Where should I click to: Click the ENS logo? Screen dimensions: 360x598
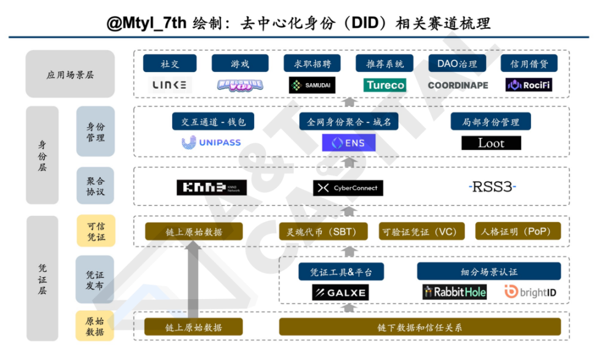coord(349,143)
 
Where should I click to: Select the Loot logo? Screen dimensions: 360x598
coord(491,143)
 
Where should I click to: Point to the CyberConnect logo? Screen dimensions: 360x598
coord(348,188)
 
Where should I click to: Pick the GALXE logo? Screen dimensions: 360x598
coord(340,292)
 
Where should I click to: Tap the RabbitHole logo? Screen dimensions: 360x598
coord(454,292)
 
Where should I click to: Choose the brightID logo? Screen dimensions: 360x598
coord(530,292)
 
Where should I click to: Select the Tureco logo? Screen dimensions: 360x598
coord(385,85)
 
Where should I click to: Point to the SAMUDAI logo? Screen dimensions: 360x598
coord(312,85)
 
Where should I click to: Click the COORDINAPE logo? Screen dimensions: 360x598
coord(458,85)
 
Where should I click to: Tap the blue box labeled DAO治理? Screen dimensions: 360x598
coord(456,63)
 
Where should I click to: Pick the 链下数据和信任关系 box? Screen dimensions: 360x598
coord(420,327)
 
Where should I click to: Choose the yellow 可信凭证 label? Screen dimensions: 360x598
coord(95,231)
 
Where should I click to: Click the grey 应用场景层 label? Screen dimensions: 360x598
coord(70,74)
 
